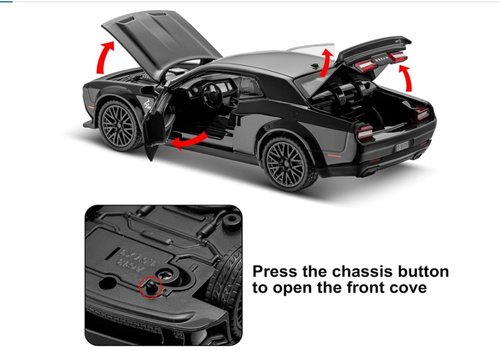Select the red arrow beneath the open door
(189, 141)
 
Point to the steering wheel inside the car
(212, 96)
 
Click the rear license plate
(402, 146)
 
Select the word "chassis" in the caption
(348, 272)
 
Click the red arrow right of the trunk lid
(407, 78)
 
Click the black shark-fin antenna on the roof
(314, 66)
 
